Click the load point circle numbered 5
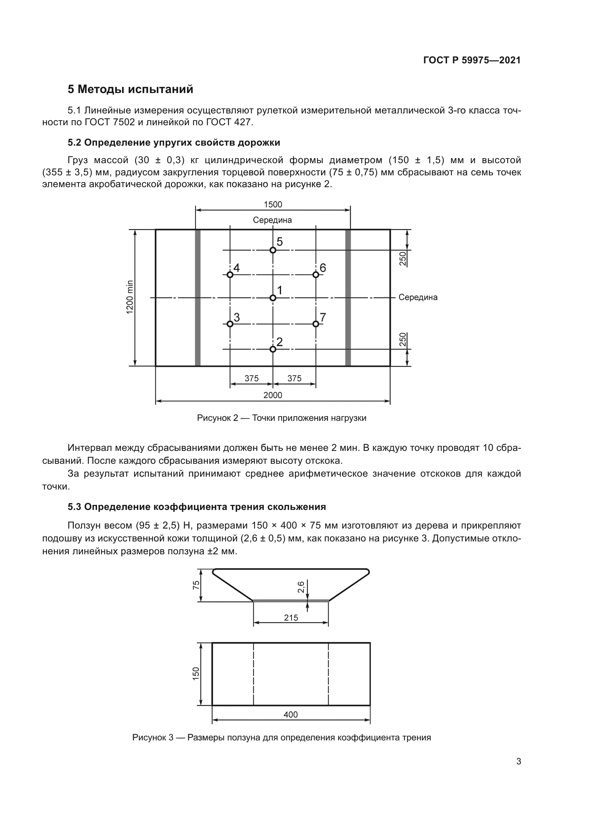click(x=273, y=250)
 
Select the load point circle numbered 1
click(x=273, y=298)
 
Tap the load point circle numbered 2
click(x=273, y=349)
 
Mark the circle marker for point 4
click(x=230, y=274)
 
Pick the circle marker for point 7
click(x=316, y=324)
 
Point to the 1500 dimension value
click(x=273, y=205)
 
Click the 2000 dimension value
click(x=273, y=395)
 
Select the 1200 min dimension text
click(x=130, y=297)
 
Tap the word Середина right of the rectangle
click(x=418, y=297)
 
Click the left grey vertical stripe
click(x=198, y=297)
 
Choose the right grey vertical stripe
click(x=348, y=297)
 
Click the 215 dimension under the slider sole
click(x=291, y=618)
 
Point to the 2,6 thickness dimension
click(x=301, y=587)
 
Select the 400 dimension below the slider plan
click(x=291, y=715)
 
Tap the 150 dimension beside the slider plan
click(x=196, y=673)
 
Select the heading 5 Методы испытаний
click(x=131, y=89)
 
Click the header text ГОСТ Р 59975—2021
click(x=472, y=60)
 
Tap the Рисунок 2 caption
click(x=281, y=418)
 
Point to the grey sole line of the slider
click(x=291, y=600)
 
